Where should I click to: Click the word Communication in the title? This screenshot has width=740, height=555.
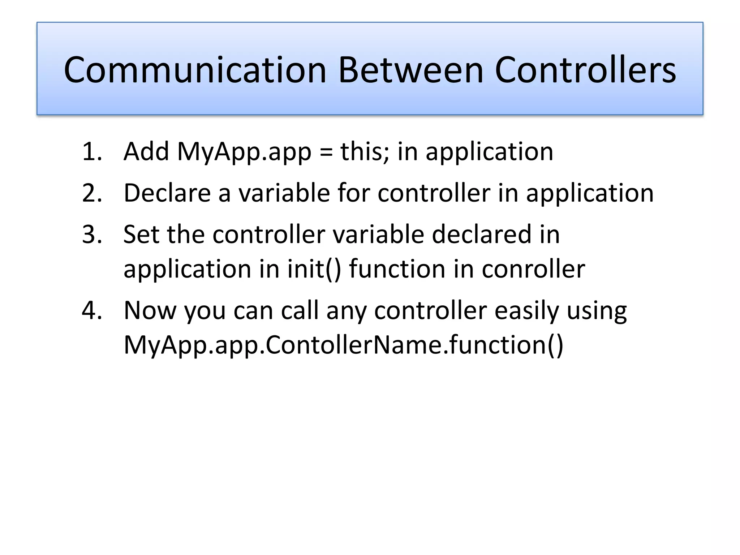pos(195,70)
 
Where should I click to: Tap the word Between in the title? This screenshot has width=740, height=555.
pos(411,70)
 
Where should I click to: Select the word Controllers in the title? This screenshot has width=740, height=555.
pos(585,70)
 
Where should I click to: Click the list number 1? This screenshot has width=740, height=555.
pos(92,152)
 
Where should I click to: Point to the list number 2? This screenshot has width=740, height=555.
pos(92,193)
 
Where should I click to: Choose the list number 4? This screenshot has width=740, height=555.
pos(92,311)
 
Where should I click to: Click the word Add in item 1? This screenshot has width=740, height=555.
pos(146,152)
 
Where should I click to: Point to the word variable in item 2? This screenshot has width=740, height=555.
pos(284,193)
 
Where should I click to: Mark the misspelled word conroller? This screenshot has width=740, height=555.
pos(533,270)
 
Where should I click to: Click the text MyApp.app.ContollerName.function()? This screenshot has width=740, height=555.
pos(343,345)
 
